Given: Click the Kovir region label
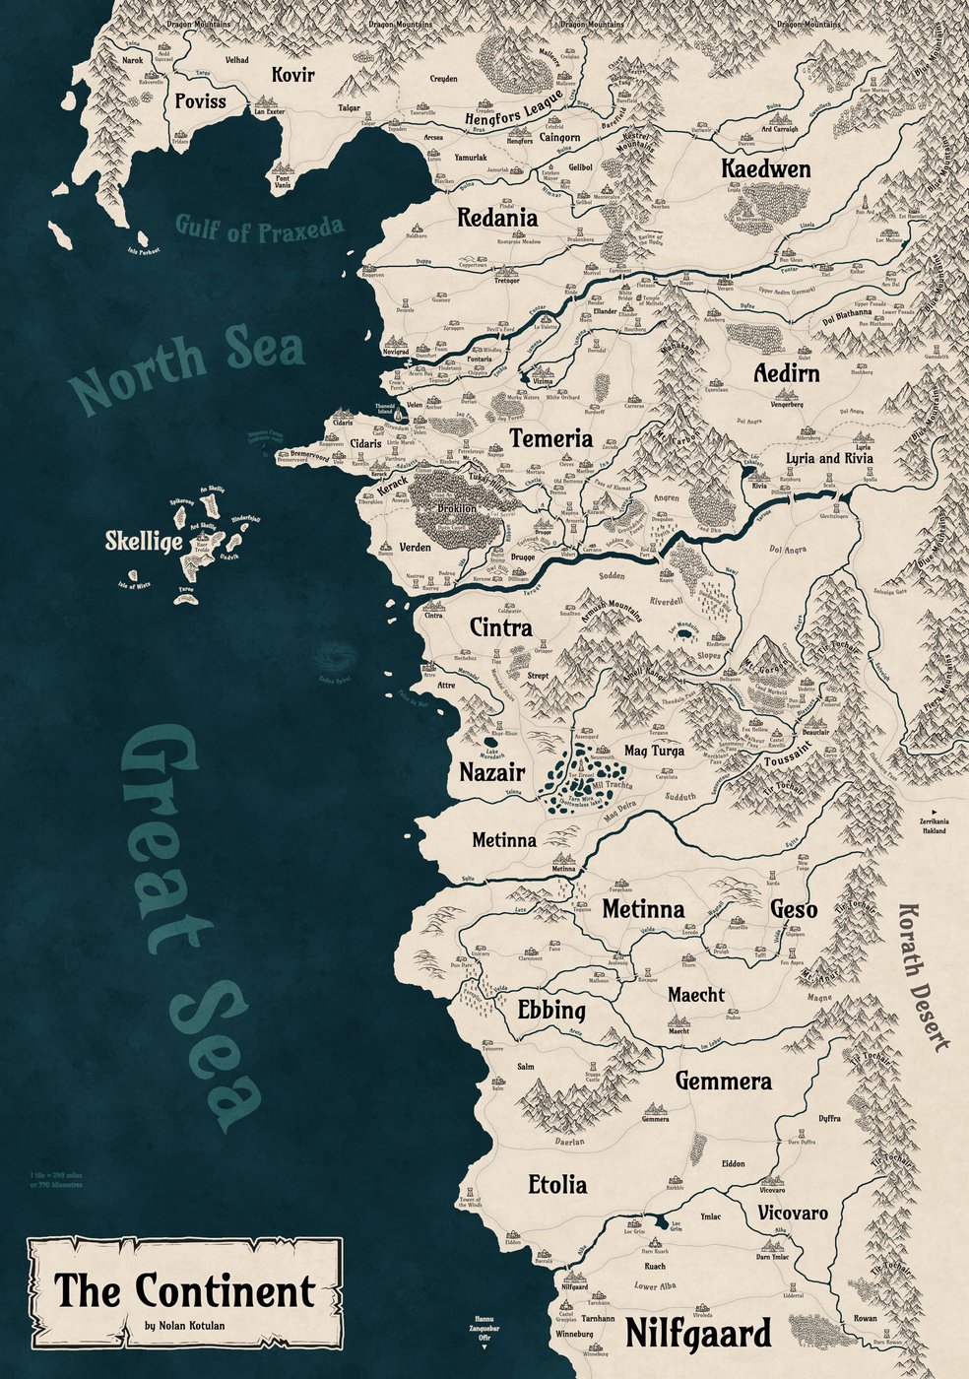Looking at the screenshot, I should (x=292, y=74).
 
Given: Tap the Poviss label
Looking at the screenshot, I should (x=200, y=100).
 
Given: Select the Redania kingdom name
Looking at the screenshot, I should (x=497, y=218).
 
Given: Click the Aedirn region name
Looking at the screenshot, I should (x=786, y=374).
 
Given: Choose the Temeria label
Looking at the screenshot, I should (x=550, y=438).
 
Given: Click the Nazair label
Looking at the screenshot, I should (x=491, y=772).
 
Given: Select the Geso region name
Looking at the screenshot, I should (x=793, y=909).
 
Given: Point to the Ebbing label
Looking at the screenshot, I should (x=551, y=1011).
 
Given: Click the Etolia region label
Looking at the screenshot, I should (x=557, y=1184).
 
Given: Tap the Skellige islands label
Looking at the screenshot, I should (x=144, y=543).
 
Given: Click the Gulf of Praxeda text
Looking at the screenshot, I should (x=260, y=229).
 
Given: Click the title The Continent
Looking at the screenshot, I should (x=184, y=1291).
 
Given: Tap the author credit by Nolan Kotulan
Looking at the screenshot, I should (x=184, y=1326).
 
